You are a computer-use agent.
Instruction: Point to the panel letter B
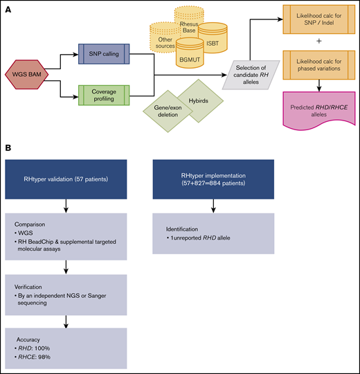point(10,148)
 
